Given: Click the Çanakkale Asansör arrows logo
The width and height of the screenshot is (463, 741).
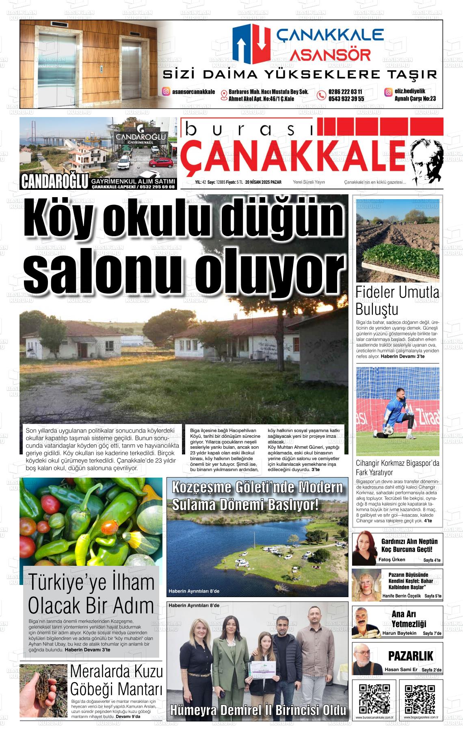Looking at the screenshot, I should coord(251,42).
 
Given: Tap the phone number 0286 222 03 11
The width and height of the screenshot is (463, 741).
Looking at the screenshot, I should coord(345,92).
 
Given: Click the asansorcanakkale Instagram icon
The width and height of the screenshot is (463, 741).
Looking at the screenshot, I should coord(166,92).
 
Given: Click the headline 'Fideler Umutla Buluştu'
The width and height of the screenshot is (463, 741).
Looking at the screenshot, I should coord(397,300).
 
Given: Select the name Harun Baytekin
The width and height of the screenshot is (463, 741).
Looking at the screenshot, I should coord(399,633).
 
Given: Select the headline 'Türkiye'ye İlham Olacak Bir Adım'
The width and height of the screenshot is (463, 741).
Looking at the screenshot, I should coord(91,594).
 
